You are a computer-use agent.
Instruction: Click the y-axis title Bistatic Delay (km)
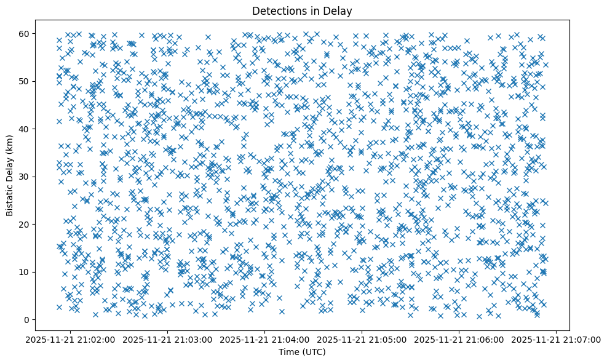10,175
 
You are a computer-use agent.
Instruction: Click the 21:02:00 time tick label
70,340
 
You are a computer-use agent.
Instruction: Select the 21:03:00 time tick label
167,340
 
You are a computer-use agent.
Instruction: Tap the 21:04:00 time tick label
265,340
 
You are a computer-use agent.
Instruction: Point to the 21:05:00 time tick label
362,340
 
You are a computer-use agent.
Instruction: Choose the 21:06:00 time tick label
459,340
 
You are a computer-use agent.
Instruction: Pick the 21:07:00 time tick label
557,340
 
